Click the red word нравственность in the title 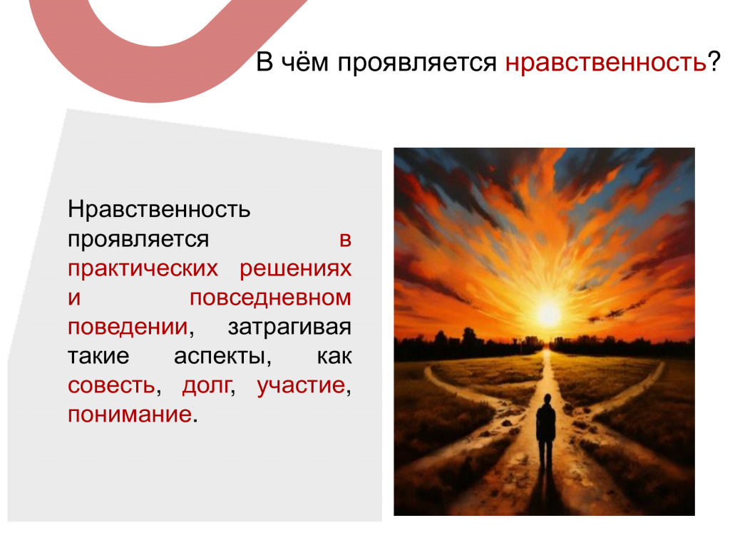point(606,63)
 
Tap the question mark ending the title point(714,61)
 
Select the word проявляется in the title point(417,64)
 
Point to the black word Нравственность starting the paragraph point(159,209)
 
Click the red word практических point(143,269)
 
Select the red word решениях point(296,269)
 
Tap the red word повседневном point(270,298)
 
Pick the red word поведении point(128,328)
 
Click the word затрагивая point(289,328)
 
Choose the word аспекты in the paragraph point(222,357)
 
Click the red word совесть point(111,386)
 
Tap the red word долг point(207,386)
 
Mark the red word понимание point(130,415)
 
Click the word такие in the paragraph point(98,357)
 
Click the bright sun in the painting point(548,313)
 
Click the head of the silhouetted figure point(547,400)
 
